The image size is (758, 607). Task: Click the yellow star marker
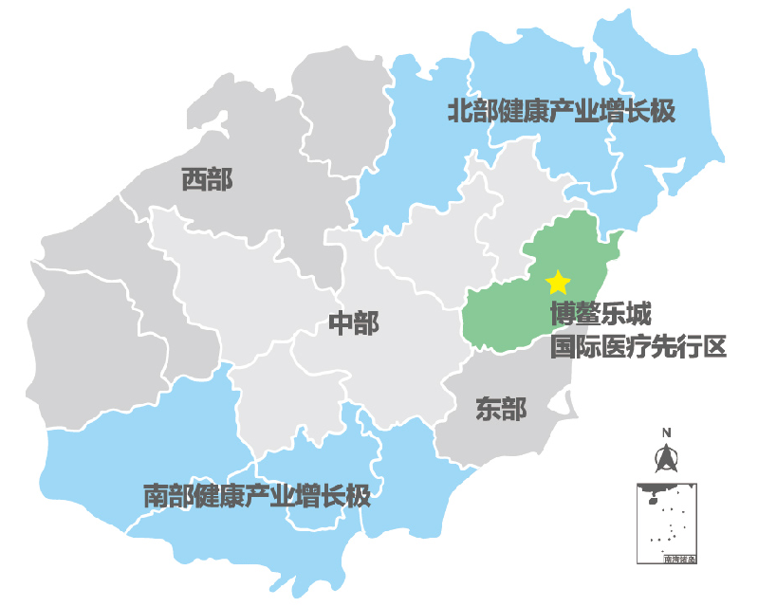click(x=558, y=282)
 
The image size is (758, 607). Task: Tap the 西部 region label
click(x=207, y=179)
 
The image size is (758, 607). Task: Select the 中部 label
click(x=353, y=323)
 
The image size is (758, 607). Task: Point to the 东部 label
click(x=501, y=409)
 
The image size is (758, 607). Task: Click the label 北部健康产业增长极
click(x=562, y=112)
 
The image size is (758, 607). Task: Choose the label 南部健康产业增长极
click(x=255, y=495)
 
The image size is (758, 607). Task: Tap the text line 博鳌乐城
click(x=601, y=315)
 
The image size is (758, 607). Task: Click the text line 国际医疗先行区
click(x=638, y=346)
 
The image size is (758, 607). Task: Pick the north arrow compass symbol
click(x=666, y=461)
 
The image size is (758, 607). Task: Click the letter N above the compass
click(x=666, y=433)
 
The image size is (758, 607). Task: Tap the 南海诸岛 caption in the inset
click(x=680, y=560)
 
